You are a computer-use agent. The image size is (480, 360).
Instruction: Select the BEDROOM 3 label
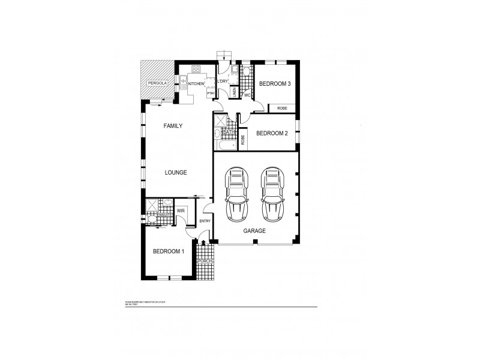(275, 84)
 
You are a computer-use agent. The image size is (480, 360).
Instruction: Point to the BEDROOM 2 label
(272, 133)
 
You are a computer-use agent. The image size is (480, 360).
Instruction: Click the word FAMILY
(173, 126)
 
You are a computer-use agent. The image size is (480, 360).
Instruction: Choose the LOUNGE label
(176, 172)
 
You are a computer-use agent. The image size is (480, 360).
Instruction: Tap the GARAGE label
(254, 230)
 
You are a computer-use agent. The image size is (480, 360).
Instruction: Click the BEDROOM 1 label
(167, 251)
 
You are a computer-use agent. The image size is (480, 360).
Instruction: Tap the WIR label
(181, 211)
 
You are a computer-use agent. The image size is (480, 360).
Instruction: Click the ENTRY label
(205, 221)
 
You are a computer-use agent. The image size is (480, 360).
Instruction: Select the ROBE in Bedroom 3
(282, 109)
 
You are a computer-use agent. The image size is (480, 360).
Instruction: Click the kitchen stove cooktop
(196, 70)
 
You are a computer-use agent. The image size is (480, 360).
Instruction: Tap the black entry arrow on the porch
(205, 243)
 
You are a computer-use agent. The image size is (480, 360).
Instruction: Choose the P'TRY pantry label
(211, 94)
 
